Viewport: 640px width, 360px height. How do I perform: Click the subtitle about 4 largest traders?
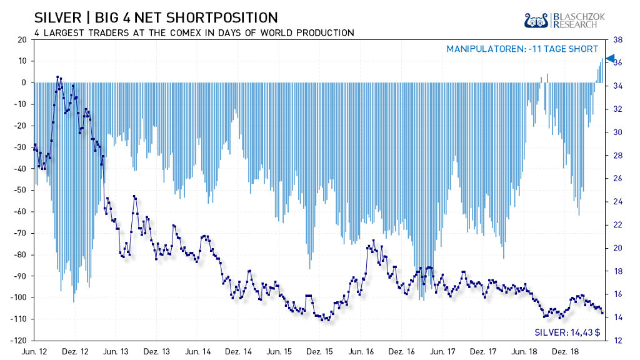[x=194, y=32]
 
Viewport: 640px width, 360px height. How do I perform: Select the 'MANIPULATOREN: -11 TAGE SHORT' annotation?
[x=522, y=49]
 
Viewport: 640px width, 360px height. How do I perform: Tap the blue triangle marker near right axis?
[x=611, y=58]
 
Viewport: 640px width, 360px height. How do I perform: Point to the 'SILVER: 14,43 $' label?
[x=567, y=332]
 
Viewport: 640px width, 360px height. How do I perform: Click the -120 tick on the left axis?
[x=19, y=341]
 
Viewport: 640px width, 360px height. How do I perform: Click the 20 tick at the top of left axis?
[x=22, y=39]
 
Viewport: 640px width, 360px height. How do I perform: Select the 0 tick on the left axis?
[x=24, y=82]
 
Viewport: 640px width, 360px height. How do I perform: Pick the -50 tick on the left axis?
[x=21, y=190]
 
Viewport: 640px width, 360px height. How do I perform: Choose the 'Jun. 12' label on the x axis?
[x=34, y=352]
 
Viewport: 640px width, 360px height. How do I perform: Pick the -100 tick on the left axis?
[x=19, y=297]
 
